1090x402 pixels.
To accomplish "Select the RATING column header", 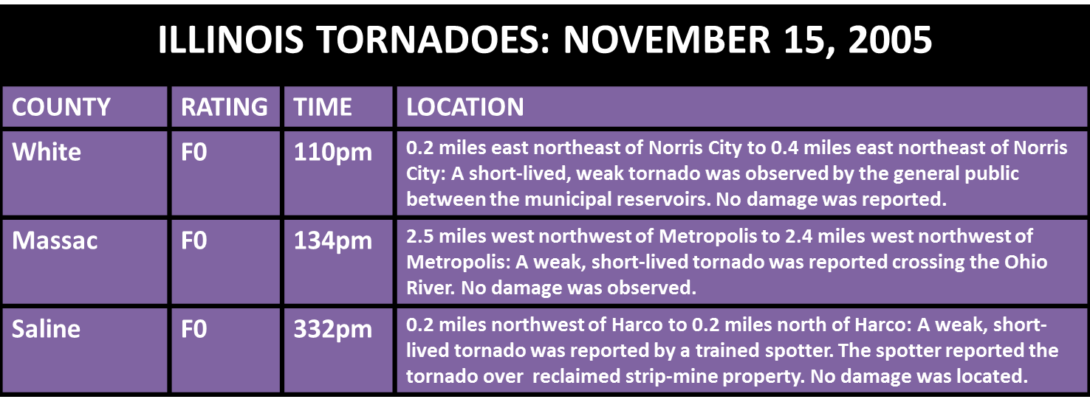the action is (224, 107).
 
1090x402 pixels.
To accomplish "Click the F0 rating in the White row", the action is (194, 152).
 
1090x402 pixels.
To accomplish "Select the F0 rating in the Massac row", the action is (194, 240).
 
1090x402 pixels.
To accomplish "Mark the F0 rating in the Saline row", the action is (194, 329).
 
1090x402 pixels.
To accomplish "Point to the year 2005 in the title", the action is (890, 39).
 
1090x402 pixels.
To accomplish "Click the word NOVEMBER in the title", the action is (667, 39).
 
